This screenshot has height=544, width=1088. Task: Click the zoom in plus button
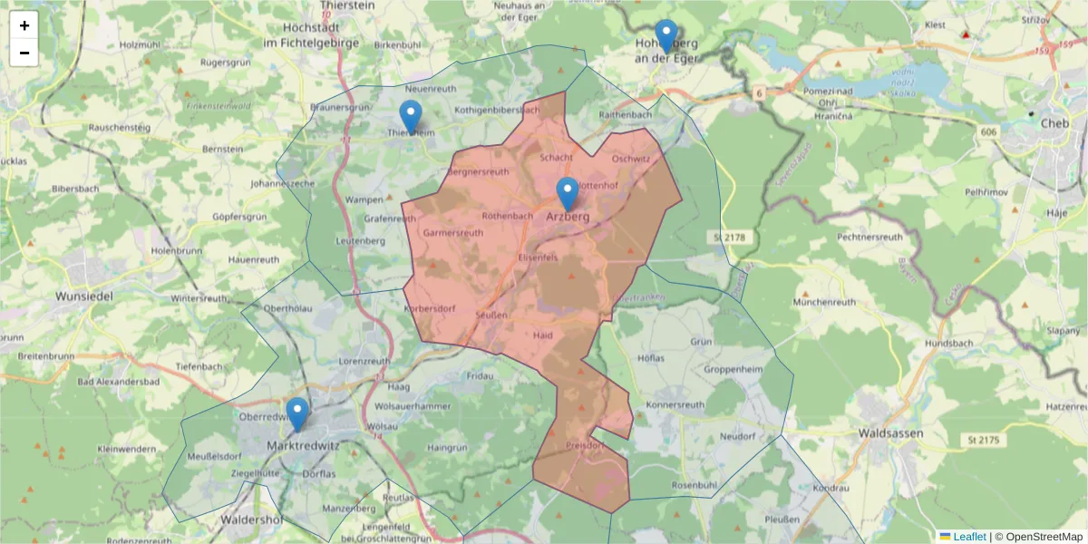[x=24, y=25]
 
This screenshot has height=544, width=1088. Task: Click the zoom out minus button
[x=24, y=53]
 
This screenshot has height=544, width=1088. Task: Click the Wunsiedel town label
[x=84, y=296]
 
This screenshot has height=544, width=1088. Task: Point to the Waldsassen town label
[x=890, y=433]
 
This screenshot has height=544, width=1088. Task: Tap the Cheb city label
[x=1055, y=123]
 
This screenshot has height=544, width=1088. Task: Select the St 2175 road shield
[x=983, y=440]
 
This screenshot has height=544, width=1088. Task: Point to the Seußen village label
[x=491, y=315]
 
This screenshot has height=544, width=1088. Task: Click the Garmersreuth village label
[x=452, y=233]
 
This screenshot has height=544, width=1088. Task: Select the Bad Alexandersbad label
[x=119, y=382]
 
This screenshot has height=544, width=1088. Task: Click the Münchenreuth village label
[x=824, y=301]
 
